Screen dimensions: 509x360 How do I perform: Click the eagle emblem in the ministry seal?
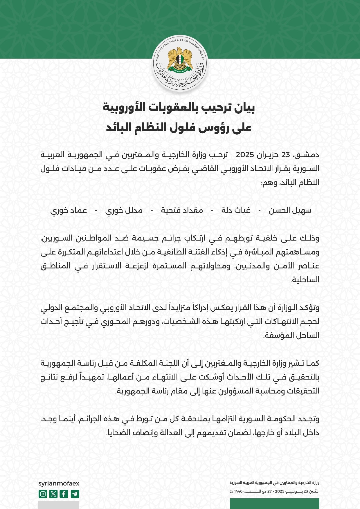click(180, 60)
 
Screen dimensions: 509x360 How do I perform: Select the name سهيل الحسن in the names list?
click(290, 210)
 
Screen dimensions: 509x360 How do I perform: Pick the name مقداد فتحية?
click(182, 210)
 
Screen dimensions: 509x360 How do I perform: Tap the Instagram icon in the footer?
click(43, 494)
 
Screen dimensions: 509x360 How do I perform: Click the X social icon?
click(53, 494)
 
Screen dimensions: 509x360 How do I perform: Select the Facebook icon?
click(64, 494)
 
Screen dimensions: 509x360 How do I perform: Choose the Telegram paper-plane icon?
click(75, 494)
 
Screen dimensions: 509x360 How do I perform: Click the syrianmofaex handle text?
click(59, 483)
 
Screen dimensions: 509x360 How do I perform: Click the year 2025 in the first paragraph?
click(245, 155)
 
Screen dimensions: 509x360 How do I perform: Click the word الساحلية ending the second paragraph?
click(305, 280)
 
